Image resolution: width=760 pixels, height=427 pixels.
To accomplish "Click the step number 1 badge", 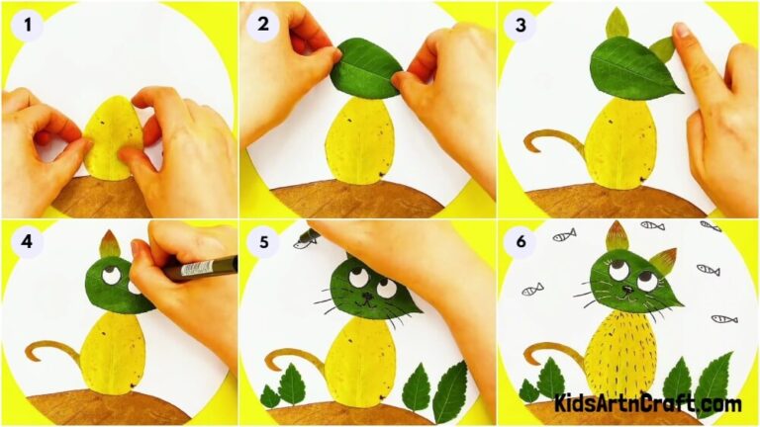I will tap(28, 26).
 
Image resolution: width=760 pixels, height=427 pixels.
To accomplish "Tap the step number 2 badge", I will tap(263, 26).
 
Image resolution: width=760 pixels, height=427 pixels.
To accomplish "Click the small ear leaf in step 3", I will tap(617, 23).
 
